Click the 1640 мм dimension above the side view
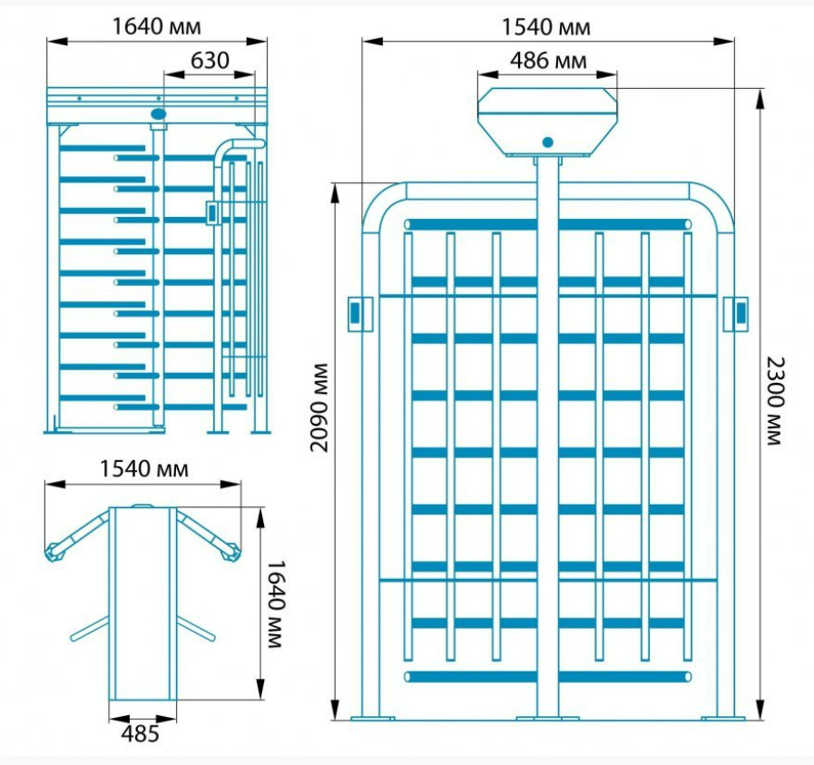(x=156, y=26)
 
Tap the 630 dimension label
(x=210, y=61)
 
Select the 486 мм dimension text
(x=548, y=61)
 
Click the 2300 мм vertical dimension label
(x=776, y=401)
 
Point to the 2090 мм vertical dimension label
(x=319, y=408)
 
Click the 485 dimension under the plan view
(x=140, y=734)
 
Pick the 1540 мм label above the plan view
(x=143, y=468)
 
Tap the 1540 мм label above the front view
(x=545, y=27)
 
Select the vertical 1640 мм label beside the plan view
(x=276, y=603)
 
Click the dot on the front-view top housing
(x=548, y=142)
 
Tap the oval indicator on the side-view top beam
(x=158, y=113)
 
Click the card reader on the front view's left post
(x=359, y=314)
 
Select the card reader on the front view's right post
(x=736, y=314)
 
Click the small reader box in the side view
(x=211, y=212)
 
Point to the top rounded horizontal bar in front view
(x=548, y=225)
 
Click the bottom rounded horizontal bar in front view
(x=548, y=677)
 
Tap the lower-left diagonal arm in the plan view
(x=90, y=628)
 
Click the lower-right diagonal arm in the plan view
(x=196, y=628)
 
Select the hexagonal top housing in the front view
(x=548, y=122)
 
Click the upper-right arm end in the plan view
(x=230, y=553)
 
